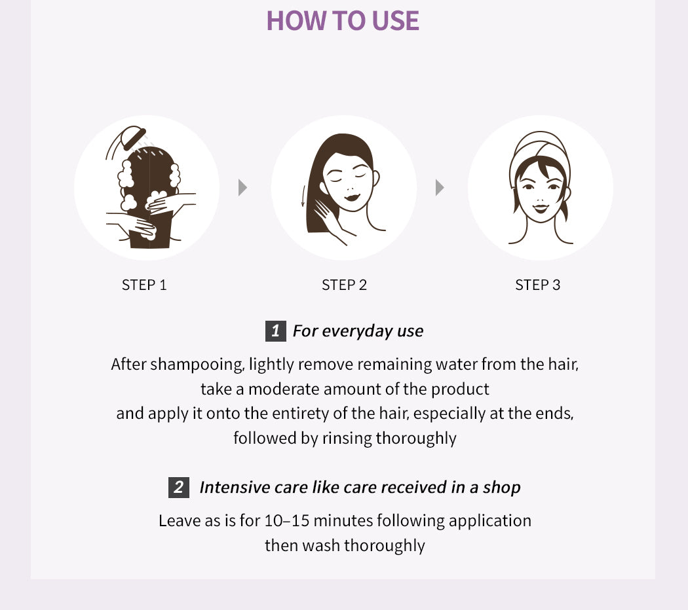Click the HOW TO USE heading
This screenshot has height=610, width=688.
tap(343, 20)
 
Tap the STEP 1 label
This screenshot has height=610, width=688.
tap(144, 285)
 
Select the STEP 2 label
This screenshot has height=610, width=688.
tap(344, 285)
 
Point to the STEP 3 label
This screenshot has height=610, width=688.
tap(537, 285)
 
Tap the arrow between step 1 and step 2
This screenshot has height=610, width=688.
tap(242, 188)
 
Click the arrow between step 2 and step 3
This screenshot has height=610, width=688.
tap(440, 188)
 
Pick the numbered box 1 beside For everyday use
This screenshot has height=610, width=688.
tap(276, 331)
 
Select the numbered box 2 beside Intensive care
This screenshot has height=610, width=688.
tap(179, 488)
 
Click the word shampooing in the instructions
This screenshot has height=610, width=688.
tap(197, 365)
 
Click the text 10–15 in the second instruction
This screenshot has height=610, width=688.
tap(287, 520)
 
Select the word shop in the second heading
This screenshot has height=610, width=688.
tap(501, 488)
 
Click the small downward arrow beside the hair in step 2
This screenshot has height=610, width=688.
tap(302, 196)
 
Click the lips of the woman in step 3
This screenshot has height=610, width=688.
tap(541, 207)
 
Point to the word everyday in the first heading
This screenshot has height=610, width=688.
tap(357, 331)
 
